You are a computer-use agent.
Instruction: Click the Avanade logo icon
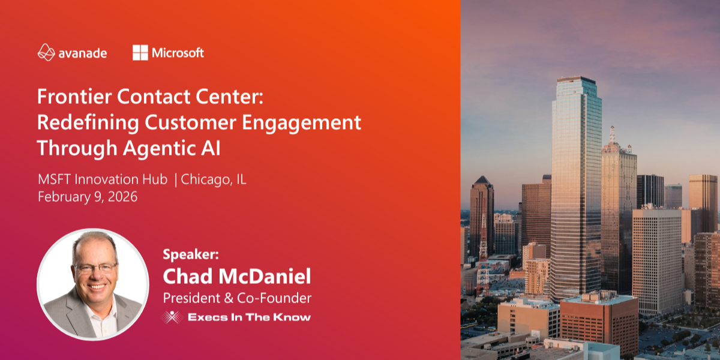[x=46, y=52]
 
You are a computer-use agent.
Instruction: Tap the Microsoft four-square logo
[x=140, y=52]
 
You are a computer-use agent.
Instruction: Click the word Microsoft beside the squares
[x=178, y=53]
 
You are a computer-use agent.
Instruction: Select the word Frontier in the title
[x=74, y=97]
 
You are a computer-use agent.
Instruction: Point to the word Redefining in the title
[x=88, y=123]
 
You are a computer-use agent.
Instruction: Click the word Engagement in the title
[x=301, y=123]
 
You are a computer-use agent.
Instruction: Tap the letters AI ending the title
[x=211, y=148]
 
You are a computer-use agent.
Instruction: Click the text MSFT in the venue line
[x=55, y=179]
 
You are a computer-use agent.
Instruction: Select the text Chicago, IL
[x=214, y=179]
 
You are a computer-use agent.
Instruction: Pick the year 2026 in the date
[x=122, y=197]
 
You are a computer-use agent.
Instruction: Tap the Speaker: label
[x=191, y=254]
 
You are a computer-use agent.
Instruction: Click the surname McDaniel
[x=265, y=276]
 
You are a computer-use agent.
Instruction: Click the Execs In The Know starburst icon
[x=172, y=317]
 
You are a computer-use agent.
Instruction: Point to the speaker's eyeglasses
[x=95, y=268]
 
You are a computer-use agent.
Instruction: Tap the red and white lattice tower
[x=483, y=254]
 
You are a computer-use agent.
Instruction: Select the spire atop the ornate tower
[x=613, y=134]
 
